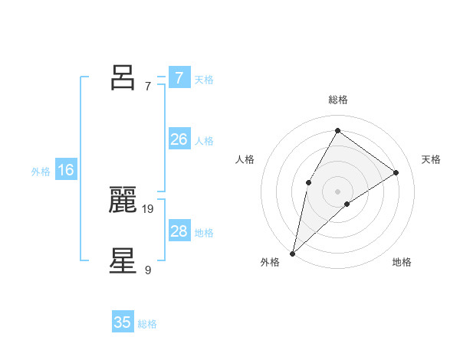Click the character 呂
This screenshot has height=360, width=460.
[123, 77]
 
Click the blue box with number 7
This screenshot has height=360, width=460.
[179, 77]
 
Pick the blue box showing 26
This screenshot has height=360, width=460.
[179, 139]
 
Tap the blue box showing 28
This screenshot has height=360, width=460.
[179, 231]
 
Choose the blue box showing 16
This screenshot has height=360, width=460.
[66, 170]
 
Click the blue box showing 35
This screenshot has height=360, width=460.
[123, 322]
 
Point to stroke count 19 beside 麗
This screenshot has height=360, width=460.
[149, 208]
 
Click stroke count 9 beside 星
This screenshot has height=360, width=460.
[148, 270]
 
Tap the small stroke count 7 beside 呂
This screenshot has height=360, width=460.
[148, 86]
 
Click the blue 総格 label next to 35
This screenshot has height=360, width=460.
[147, 324]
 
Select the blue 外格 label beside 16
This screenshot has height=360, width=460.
[41, 172]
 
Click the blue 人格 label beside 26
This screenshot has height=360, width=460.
[204, 141]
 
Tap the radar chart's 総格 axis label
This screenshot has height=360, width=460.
[337, 100]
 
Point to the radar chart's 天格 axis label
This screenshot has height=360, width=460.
[431, 159]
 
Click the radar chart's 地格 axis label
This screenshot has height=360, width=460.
[402, 262]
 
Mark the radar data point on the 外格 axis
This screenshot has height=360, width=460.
[292, 254]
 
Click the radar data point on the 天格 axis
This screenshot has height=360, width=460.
[396, 172]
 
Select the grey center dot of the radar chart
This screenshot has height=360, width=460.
[337, 191]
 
